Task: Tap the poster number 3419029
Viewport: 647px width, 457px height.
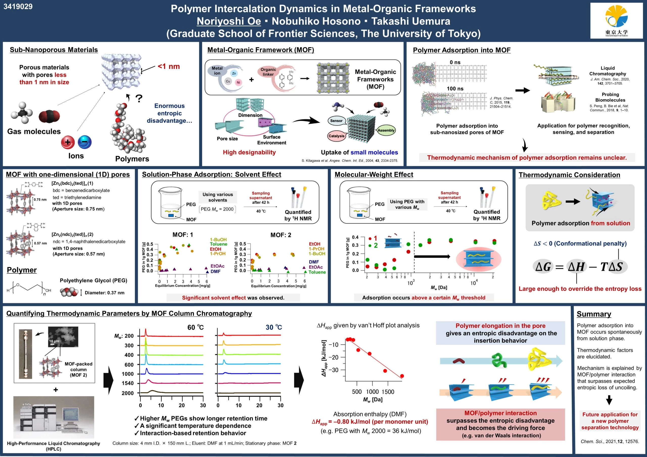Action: coord(18,7)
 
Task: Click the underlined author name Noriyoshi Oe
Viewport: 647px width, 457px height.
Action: coord(229,21)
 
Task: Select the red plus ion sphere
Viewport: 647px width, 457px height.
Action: coord(68,142)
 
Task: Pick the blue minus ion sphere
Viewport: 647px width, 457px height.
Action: coord(84,142)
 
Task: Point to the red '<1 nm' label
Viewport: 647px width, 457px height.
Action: coord(169,66)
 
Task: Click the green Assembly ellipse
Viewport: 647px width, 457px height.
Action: coord(386,130)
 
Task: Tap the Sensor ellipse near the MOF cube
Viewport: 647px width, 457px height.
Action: coord(336,121)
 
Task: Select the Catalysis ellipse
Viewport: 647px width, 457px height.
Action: coord(336,136)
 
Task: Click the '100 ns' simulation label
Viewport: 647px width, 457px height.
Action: coord(455,89)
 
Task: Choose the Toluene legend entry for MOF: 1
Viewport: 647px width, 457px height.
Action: coord(218,244)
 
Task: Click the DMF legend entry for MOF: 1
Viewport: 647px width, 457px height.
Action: coord(216,271)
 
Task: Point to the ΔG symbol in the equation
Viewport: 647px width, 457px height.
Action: coord(543,266)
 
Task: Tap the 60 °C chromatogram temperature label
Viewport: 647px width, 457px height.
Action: coord(195,327)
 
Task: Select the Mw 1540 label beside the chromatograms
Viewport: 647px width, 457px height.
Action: coord(128,383)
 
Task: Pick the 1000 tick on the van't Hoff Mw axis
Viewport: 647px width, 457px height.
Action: coord(372,392)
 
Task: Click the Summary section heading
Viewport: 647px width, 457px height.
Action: coord(594,314)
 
